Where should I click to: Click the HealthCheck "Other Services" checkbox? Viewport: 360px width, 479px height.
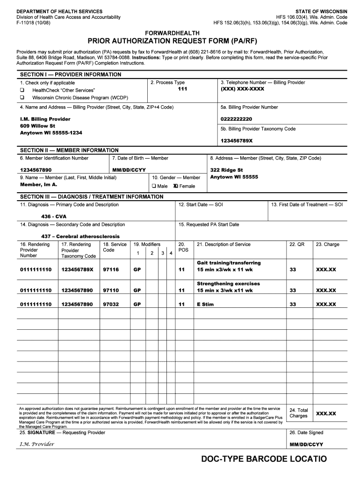pos(22,90)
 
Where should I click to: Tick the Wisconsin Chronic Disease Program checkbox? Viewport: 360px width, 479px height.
pos(22,97)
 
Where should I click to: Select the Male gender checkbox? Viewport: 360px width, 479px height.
pos(154,186)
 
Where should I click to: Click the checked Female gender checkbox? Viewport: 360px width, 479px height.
pos(175,186)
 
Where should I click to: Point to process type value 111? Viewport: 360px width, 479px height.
pos(182,89)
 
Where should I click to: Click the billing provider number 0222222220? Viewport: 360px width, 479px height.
pos(236,119)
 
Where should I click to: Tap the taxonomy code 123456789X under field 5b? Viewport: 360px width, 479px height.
pos(237,141)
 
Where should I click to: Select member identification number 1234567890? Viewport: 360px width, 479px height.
pos(36,170)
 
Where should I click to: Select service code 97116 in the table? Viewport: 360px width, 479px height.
pos(111,270)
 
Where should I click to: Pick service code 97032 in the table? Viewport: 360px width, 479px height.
pos(111,305)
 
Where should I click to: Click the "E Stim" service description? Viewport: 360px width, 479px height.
pos(205,305)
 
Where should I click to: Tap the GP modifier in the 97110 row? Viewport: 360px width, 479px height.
pos(137,290)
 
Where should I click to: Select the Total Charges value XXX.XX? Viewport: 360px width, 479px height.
pos(326,414)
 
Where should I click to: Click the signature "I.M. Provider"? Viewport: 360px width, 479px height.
pos(37,443)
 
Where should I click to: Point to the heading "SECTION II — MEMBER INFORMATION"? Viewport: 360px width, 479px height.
pos(69,150)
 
